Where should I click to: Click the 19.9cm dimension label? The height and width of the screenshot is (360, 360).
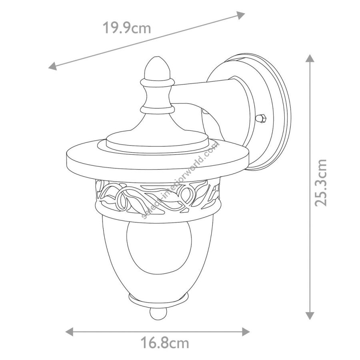tap(126, 28)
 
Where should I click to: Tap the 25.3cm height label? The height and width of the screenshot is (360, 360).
tap(320, 182)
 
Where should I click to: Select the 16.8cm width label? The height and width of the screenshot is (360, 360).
tap(165, 343)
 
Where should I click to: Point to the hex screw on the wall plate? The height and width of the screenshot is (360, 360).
tap(262, 118)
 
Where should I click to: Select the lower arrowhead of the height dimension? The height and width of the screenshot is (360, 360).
tap(310, 316)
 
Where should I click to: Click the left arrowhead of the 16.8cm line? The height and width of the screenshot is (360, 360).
tap(69, 332)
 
